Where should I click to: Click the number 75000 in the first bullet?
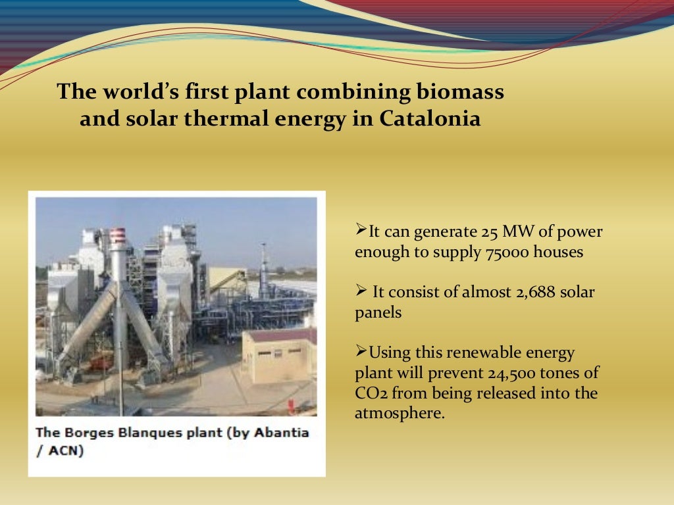point(504,252)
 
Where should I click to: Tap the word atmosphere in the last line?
point(398,414)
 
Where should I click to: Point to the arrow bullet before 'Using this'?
point(361,351)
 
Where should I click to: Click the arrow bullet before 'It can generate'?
point(361,230)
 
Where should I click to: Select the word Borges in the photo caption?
point(84,433)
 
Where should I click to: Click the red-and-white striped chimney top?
point(118,237)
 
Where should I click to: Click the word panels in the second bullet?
point(378,313)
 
